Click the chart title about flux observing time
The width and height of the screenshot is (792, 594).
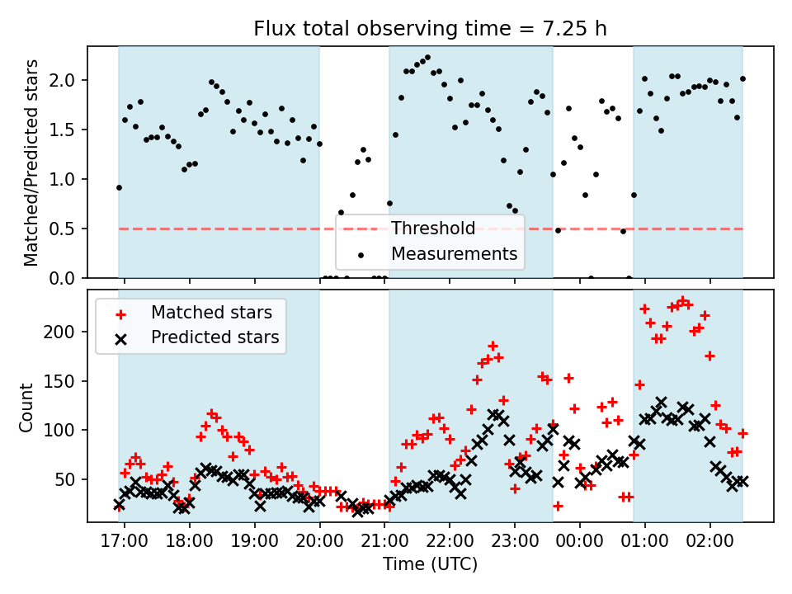[x=430, y=30]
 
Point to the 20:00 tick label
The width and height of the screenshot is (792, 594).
[x=319, y=545]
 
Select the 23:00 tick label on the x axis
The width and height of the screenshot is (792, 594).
[x=515, y=545]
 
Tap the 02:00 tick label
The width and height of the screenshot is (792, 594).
[x=709, y=545]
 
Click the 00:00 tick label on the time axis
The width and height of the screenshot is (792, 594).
[x=580, y=545]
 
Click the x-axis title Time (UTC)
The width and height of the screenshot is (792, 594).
[x=430, y=565]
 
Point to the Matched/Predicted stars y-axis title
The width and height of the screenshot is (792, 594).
[x=31, y=163]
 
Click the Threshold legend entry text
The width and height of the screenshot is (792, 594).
[x=433, y=229]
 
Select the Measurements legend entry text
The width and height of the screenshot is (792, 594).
[x=454, y=253]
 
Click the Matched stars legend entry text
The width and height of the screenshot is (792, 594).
[x=211, y=313]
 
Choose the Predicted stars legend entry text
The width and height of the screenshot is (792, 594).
[x=214, y=337]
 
